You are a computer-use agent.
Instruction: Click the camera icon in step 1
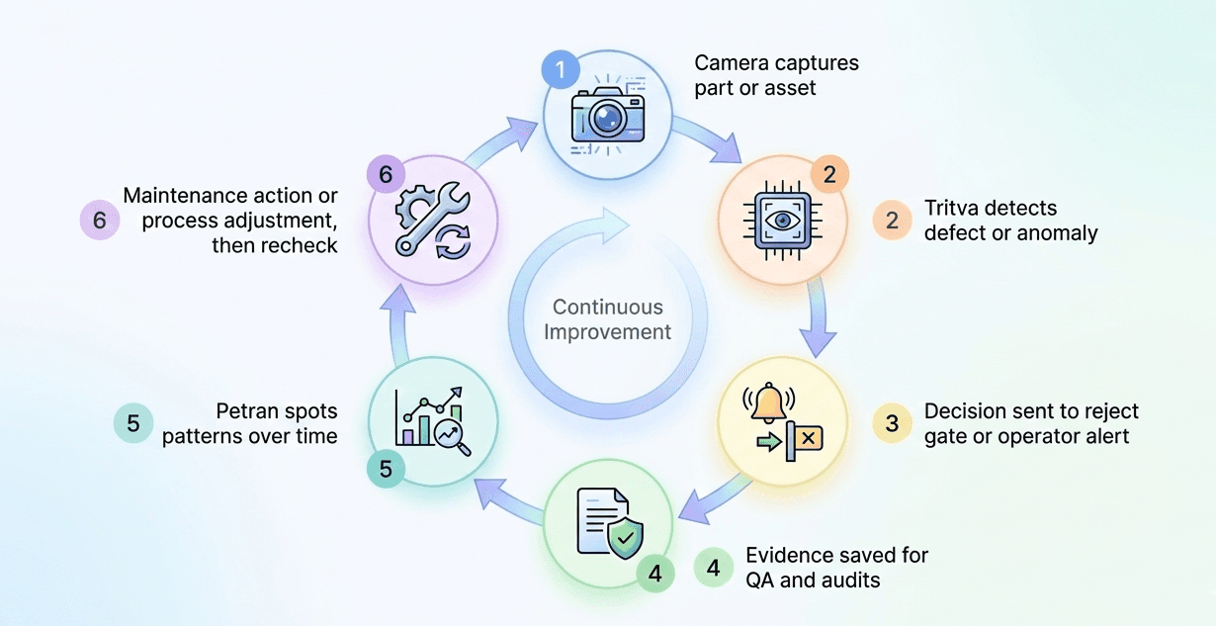(x=607, y=114)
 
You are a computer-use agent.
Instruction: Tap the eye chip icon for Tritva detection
(x=781, y=222)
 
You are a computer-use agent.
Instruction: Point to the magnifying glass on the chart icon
(x=454, y=434)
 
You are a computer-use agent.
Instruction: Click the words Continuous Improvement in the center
(x=607, y=319)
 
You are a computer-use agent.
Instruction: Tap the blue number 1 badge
(x=561, y=69)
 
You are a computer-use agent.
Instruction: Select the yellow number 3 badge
(x=892, y=423)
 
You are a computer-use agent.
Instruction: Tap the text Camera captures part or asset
(x=776, y=75)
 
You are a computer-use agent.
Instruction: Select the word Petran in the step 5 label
(x=246, y=411)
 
